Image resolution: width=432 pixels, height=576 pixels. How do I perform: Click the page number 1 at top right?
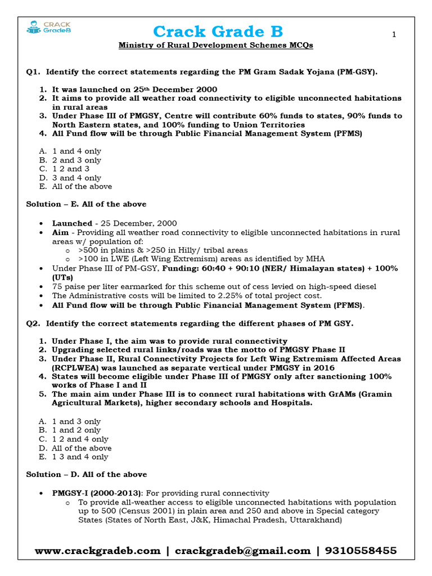pyautogui.click(x=394, y=35)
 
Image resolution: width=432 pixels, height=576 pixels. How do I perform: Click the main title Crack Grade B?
pyautogui.click(x=218, y=31)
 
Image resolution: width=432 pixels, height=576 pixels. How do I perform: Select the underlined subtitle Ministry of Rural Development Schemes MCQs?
pyautogui.click(x=215, y=45)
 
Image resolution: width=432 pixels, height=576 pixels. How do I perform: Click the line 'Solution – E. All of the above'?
pyautogui.click(x=86, y=204)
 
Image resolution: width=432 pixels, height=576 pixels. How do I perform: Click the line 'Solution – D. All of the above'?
pyautogui.click(x=87, y=475)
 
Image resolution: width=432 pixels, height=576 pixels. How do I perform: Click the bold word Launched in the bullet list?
pyautogui.click(x=72, y=223)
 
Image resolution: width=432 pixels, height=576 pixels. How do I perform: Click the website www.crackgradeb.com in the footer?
pyautogui.click(x=97, y=551)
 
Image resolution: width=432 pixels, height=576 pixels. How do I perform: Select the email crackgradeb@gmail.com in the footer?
pyautogui.click(x=242, y=551)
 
